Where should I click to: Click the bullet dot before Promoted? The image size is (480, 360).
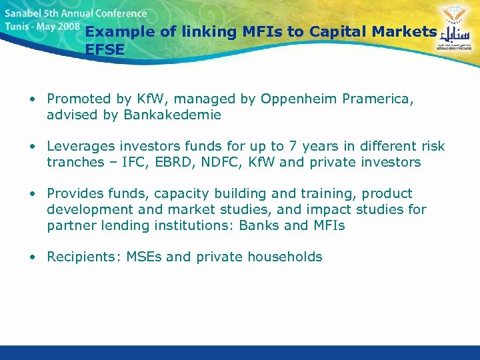tap(32, 99)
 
